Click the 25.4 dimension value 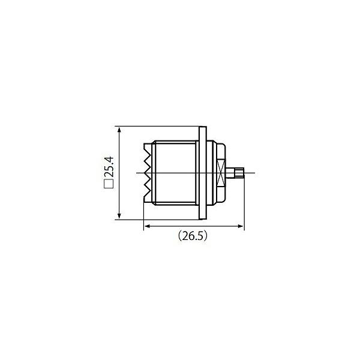[109, 167]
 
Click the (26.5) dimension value [193, 236]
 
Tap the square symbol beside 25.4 [109, 184]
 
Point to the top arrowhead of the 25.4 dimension [119, 130]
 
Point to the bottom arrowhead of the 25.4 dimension [119, 216]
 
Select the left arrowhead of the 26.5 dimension [148, 226]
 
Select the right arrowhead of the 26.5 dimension [241, 226]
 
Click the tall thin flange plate [203, 173]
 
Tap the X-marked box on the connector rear [221, 173]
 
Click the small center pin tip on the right [239, 173]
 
